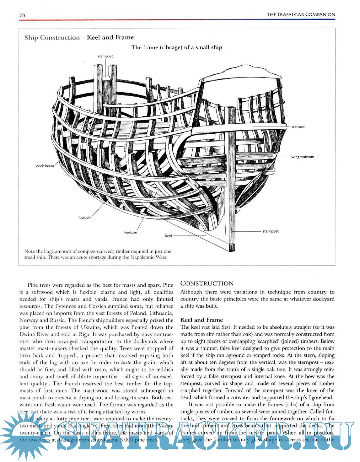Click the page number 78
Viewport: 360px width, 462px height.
point(22,15)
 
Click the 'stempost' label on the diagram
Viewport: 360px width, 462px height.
point(105,56)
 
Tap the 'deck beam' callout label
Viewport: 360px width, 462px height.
point(45,166)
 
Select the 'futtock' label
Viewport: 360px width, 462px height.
point(84,218)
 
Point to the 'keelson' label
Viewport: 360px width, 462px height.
point(130,232)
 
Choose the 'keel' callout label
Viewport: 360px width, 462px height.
point(168,236)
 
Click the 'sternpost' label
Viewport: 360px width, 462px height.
point(270,231)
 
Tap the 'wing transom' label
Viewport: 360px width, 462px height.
point(302,157)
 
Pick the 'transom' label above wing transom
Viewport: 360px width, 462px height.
point(298,127)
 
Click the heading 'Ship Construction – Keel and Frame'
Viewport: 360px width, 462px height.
point(79,38)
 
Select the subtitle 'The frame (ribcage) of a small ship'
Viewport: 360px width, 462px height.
point(176,47)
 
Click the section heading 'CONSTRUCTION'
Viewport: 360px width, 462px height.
point(207,283)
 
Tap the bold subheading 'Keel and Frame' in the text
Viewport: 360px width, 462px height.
point(201,320)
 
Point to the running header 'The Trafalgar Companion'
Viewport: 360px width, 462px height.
point(301,15)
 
